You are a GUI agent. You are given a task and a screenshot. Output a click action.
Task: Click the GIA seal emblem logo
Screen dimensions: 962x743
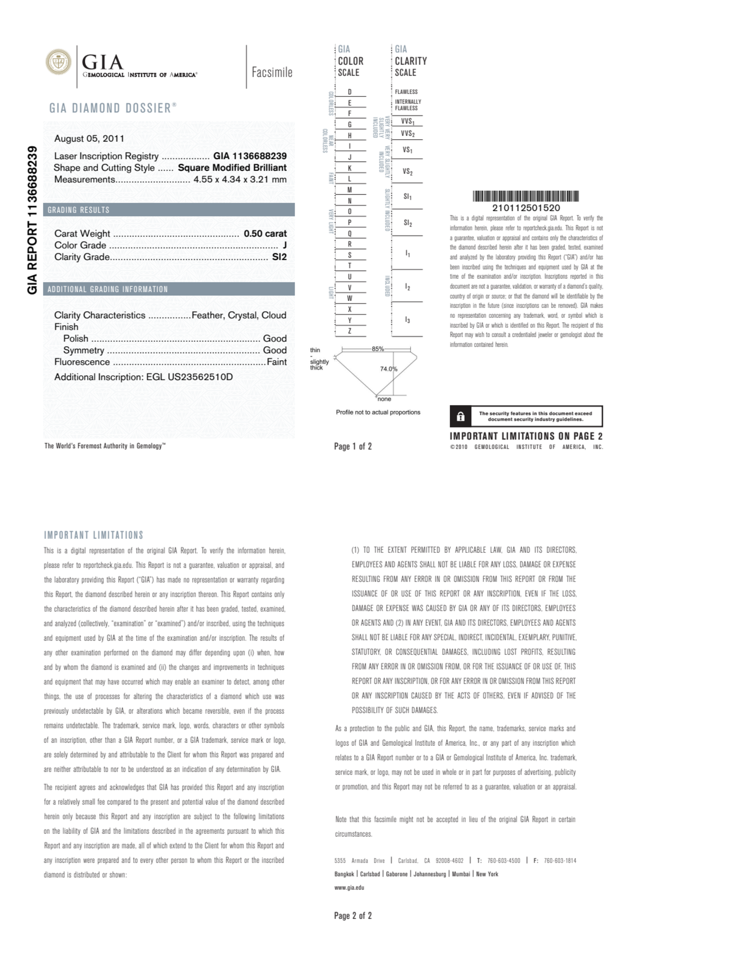[x=58, y=62]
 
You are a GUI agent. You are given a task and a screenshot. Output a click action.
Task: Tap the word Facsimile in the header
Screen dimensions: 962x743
[x=272, y=72]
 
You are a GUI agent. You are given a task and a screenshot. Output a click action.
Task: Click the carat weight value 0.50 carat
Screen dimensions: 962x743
[x=265, y=234]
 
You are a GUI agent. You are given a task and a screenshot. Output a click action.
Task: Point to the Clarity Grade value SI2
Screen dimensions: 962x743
[x=279, y=257]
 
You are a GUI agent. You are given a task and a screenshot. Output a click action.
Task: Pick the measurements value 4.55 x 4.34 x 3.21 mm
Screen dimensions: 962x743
[x=240, y=179]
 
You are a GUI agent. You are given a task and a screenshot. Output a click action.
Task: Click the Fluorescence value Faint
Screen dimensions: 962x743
[x=277, y=362]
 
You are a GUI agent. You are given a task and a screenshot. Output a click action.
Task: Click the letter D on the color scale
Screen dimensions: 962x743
[x=350, y=92]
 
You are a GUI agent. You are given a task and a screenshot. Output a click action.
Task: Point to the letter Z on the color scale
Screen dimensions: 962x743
[x=350, y=331]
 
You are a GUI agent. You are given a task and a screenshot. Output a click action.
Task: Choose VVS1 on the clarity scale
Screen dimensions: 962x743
[x=407, y=121]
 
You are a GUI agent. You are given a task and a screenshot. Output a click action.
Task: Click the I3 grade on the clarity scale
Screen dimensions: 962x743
[x=407, y=320]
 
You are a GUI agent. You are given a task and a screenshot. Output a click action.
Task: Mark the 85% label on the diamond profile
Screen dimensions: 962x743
[x=378, y=349]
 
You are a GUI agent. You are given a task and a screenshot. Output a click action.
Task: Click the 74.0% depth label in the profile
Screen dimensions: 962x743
[x=388, y=369]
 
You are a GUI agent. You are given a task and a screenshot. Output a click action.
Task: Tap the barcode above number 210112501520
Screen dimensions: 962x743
[x=526, y=196]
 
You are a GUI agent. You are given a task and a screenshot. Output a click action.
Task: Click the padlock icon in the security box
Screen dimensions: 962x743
[x=460, y=416]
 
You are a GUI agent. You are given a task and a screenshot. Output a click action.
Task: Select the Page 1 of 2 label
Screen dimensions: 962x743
[x=353, y=446]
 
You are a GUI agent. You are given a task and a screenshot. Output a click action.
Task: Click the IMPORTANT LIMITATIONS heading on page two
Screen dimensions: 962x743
[x=93, y=535]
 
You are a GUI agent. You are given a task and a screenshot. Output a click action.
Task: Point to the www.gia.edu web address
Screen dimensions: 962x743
[x=349, y=888]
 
